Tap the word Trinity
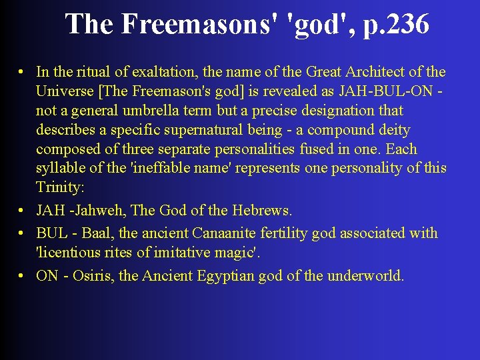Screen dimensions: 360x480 [58, 187]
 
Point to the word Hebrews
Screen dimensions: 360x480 [261, 211]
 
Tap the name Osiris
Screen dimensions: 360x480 [93, 276]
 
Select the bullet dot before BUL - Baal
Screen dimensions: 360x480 [22, 233]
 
